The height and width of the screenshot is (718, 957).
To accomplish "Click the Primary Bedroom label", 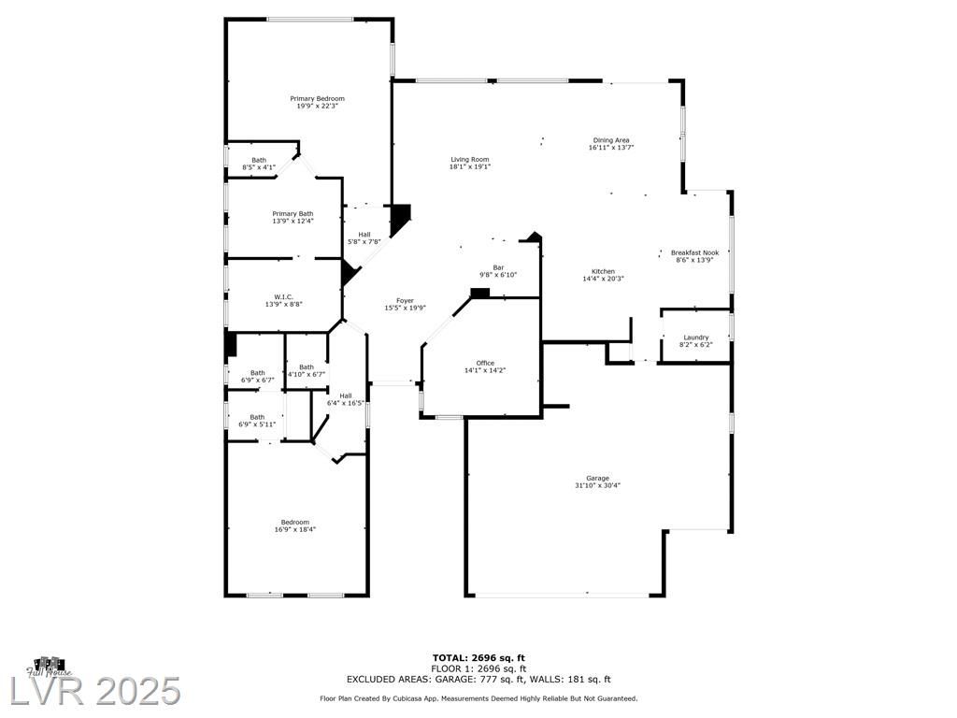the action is pyautogui.click(x=317, y=98).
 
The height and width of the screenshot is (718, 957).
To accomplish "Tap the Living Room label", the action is pyautogui.click(x=470, y=159).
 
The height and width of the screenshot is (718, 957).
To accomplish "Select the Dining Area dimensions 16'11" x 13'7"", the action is pyautogui.click(x=611, y=148).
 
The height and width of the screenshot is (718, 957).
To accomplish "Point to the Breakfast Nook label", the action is pyautogui.click(x=694, y=252).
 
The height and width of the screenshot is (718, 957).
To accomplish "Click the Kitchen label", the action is pyautogui.click(x=603, y=271).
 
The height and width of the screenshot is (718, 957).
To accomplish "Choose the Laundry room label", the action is pyautogui.click(x=695, y=337).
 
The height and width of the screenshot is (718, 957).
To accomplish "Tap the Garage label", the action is pyautogui.click(x=597, y=478).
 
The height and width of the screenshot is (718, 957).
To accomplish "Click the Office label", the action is pyautogui.click(x=485, y=363).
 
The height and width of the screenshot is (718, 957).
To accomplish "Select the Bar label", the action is pyautogui.click(x=498, y=267).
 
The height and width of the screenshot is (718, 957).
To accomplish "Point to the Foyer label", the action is pyautogui.click(x=405, y=300).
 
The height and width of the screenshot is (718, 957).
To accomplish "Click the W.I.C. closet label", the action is pyautogui.click(x=283, y=296).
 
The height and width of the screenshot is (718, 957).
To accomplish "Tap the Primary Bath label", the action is pyautogui.click(x=293, y=214).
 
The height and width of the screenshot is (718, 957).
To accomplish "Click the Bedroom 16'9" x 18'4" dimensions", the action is pyautogui.click(x=294, y=530).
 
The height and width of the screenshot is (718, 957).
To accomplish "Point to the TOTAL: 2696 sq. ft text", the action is pyautogui.click(x=478, y=657).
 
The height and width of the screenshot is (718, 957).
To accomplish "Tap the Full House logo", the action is pyautogui.click(x=50, y=667).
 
